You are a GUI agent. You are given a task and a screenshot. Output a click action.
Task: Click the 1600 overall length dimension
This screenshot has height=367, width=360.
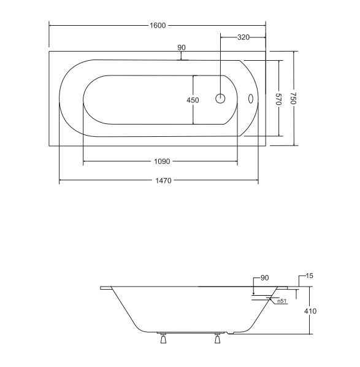point(158,25)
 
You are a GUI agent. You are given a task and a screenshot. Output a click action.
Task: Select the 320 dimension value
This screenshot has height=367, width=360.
point(243,37)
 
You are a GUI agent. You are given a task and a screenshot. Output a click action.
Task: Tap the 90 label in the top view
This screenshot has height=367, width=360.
point(182,47)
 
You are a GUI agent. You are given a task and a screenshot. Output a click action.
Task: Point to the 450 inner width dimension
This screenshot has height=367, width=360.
point(193,100)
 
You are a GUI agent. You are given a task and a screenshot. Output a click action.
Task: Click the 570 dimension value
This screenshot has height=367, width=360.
point(278,99)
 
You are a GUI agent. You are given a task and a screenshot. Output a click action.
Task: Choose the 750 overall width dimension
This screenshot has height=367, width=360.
point(294,98)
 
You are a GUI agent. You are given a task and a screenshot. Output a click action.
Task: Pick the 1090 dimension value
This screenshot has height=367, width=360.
point(162,161)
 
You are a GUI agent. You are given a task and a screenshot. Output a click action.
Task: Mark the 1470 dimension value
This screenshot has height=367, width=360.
point(163,180)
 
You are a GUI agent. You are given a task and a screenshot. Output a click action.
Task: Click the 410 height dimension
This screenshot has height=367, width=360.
point(310,311)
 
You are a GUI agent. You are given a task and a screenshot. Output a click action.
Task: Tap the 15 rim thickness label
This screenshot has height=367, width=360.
point(309,276)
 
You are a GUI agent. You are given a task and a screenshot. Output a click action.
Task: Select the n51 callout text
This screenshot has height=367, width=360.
point(282,301)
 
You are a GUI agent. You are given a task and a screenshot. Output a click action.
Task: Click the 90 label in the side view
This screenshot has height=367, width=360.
point(264,278)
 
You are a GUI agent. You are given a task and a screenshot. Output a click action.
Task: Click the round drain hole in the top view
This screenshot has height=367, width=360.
point(220,99)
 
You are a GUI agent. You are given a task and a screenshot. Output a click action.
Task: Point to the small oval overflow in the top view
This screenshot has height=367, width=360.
point(250,99)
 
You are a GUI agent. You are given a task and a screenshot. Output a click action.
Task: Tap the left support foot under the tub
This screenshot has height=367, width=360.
point(163,338)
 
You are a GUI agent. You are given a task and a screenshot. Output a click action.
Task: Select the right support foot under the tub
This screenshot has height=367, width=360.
point(218,338)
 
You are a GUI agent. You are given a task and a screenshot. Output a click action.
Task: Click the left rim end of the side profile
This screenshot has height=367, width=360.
point(101,288)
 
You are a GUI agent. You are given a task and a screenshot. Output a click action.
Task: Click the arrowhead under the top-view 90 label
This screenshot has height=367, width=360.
point(182,59)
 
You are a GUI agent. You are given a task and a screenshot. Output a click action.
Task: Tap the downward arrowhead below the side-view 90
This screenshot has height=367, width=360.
point(253,293)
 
